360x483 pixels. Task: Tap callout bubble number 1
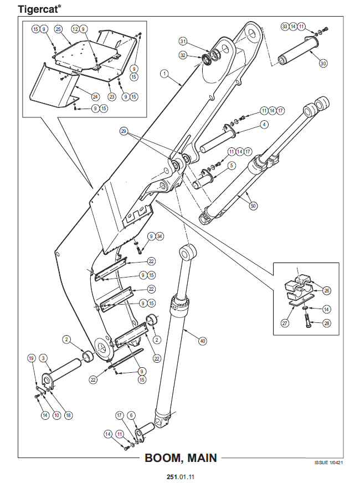tap(164, 73)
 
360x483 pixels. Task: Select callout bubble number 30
tap(323, 64)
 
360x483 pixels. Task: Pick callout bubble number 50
tap(253, 206)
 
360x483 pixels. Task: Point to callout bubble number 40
tap(202, 341)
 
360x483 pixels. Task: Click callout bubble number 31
tap(183, 42)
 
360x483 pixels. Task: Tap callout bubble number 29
tap(124, 131)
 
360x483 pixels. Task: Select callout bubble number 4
tap(264, 125)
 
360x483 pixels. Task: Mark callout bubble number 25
tap(58, 28)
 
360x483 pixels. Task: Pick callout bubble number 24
tap(95, 96)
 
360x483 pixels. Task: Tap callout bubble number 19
tap(32, 358)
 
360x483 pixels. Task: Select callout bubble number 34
tap(160, 237)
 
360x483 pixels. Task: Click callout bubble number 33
tap(285, 26)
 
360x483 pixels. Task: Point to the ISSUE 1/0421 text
tap(329, 461)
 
